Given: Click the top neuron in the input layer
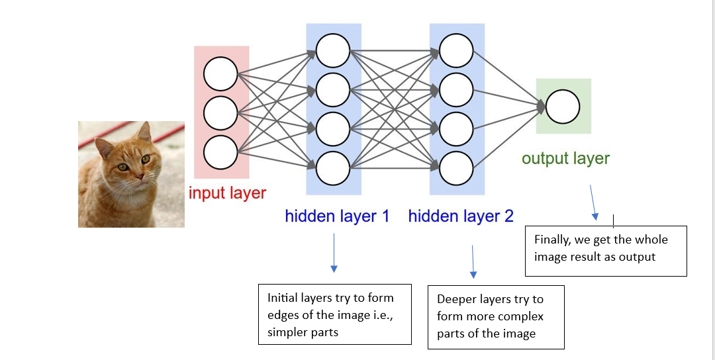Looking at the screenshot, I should (x=220, y=73).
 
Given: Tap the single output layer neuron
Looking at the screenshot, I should (x=563, y=107).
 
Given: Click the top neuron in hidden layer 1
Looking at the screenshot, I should (x=332, y=50).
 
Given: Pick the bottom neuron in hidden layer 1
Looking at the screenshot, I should (x=332, y=168).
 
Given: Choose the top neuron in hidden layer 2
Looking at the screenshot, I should (x=455, y=50).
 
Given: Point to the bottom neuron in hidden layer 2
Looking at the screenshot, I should (x=455, y=168).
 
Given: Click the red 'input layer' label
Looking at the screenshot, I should (x=227, y=193).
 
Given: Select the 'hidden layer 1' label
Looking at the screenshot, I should (x=337, y=216).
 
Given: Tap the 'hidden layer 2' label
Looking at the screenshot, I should (x=461, y=216).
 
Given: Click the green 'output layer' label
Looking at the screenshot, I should (x=565, y=158).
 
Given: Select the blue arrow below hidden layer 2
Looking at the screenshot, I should (x=473, y=262).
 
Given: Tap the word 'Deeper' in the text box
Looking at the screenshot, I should (x=457, y=300).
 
